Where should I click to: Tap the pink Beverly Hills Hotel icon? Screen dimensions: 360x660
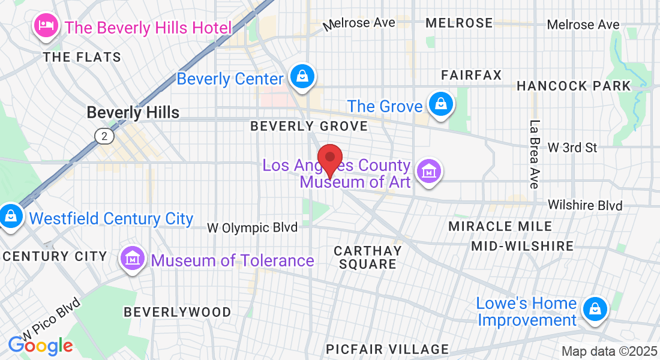pos(46,25)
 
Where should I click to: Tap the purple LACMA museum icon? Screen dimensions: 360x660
pos(429,171)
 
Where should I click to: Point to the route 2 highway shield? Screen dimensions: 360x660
pos(104,136)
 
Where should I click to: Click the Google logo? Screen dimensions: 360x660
pos(40,346)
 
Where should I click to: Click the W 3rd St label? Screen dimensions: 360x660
pos(572,147)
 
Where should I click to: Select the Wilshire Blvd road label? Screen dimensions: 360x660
pos(585,205)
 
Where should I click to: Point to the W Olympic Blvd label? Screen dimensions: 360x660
pos(252,228)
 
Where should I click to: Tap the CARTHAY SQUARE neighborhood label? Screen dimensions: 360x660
pos(367,257)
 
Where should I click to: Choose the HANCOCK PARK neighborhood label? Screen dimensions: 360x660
pos(574,86)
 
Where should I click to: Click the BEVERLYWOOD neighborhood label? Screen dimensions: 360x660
pos(177,312)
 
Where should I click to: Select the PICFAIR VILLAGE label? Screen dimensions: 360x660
pos(387,349)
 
